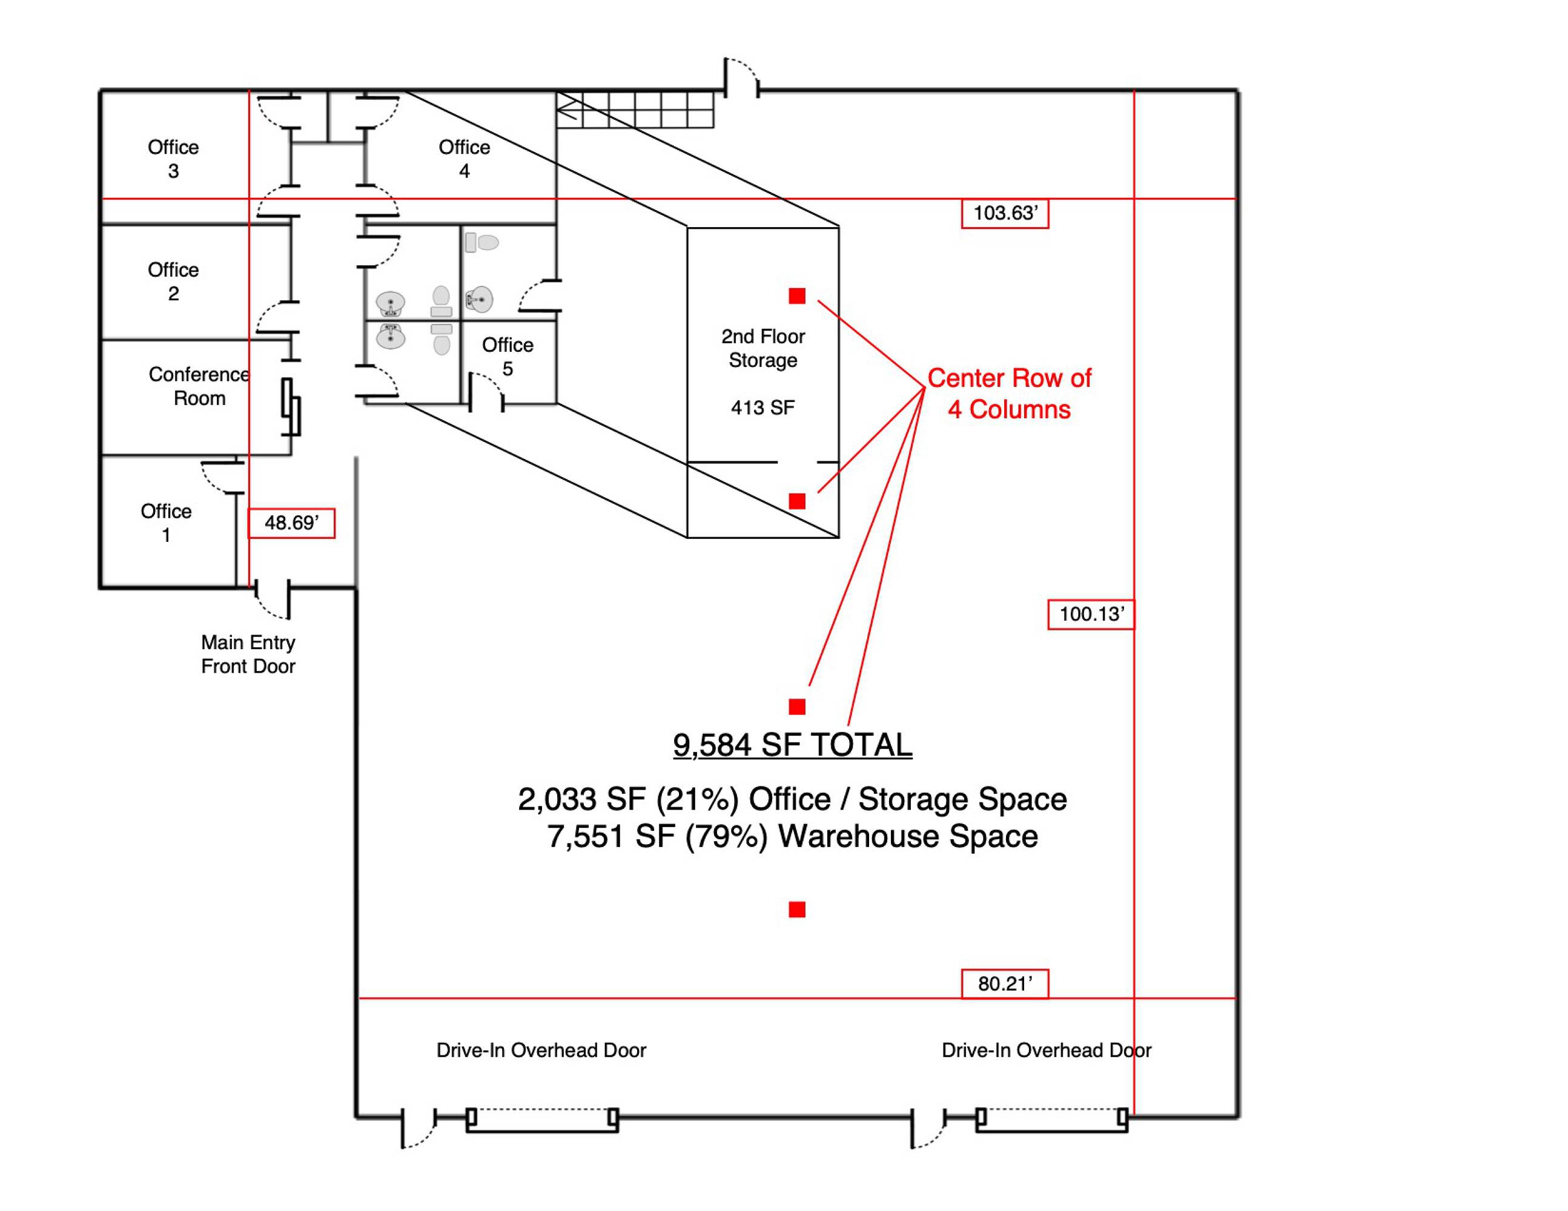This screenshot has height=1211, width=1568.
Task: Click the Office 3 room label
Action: (173, 159)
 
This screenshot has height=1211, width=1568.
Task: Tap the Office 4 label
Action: (465, 159)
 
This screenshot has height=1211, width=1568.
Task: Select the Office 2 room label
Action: (173, 282)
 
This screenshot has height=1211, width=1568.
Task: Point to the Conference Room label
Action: (199, 386)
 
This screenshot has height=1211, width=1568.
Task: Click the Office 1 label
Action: (166, 523)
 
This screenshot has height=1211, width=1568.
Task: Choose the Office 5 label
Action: (508, 357)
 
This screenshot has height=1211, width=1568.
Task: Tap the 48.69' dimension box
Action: (291, 523)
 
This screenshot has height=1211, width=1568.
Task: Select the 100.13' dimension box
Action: (1091, 615)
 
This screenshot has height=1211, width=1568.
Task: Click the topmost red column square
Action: (797, 295)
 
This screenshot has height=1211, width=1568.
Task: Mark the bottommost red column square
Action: (797, 909)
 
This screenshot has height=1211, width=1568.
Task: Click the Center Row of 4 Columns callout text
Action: (1009, 394)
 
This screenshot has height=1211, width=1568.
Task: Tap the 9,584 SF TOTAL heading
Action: (793, 745)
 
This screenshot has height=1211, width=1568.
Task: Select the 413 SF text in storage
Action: (762, 408)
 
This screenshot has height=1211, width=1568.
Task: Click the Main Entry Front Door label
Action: (248, 654)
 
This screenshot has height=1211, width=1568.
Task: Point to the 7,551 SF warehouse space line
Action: (792, 836)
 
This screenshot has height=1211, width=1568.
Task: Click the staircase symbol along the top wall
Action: (635, 110)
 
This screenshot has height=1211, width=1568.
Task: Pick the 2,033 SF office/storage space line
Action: (792, 799)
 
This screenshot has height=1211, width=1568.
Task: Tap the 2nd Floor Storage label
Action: (762, 348)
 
